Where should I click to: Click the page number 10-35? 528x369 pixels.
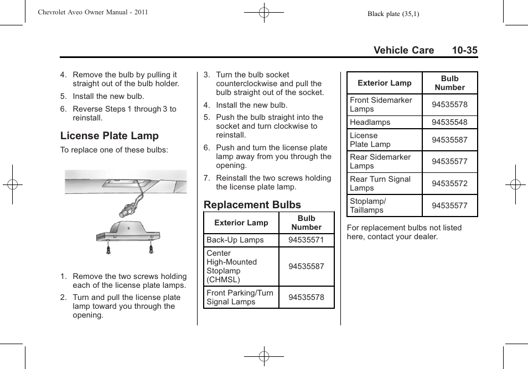[464, 50]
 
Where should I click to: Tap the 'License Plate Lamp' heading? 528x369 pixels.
[109, 136]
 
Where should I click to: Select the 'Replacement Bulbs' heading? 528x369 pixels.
[252, 205]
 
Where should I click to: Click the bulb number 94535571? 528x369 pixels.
[306, 240]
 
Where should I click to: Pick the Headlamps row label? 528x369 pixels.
[370, 123]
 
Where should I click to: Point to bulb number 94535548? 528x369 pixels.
[449, 123]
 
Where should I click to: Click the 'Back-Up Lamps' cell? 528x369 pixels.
[235, 240]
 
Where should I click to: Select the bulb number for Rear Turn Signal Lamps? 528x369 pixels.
[449, 183]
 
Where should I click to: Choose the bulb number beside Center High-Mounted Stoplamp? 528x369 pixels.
[306, 266]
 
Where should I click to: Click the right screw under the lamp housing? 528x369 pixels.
[151, 249]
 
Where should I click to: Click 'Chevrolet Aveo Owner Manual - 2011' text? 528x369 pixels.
[92, 12]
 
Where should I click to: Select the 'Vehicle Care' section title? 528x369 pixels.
[403, 50]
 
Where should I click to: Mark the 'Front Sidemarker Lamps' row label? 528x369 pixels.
[381, 104]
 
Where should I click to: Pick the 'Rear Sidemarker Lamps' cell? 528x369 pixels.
[380, 161]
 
